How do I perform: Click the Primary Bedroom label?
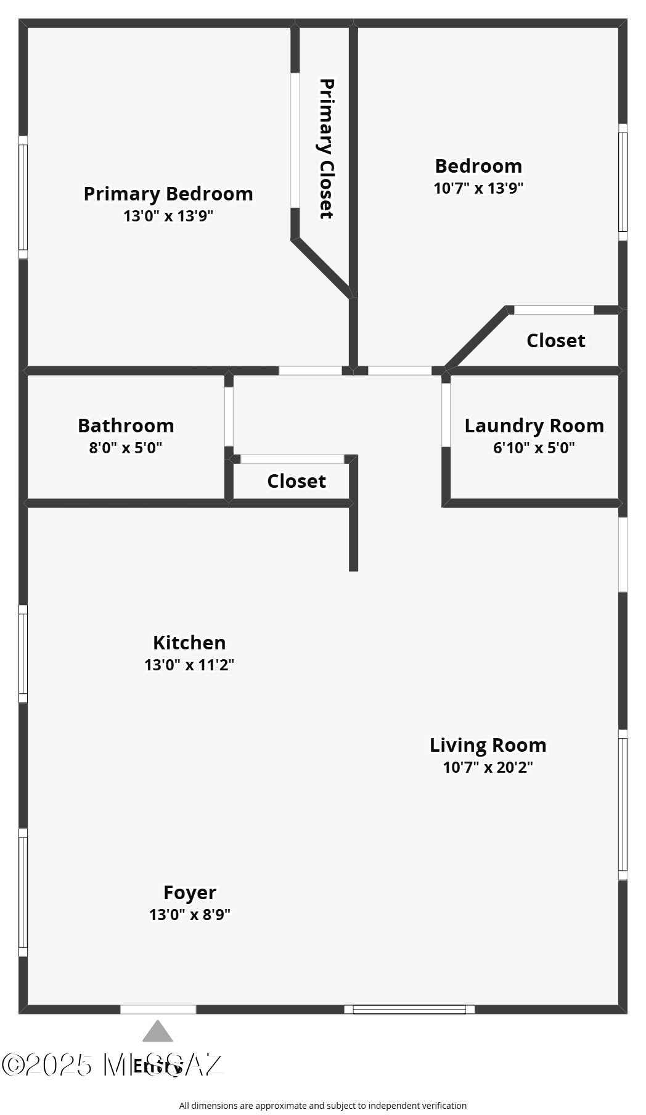coord(168,194)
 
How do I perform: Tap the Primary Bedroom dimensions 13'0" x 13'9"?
coord(168,216)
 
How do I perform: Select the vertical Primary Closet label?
coord(326,149)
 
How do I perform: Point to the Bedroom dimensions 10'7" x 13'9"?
coord(478,188)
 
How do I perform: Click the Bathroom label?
coord(126,426)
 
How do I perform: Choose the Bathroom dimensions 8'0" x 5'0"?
coord(126,448)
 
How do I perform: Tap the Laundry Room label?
coord(534,426)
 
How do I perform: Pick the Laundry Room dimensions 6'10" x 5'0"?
coord(534,448)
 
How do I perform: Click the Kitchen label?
coord(189,643)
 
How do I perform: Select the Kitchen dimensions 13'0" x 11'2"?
coord(189,665)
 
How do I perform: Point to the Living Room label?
coord(488,745)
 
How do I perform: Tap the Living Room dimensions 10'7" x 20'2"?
coord(488,767)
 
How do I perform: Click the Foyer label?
coord(190,892)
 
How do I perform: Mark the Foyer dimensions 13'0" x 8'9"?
coord(190,915)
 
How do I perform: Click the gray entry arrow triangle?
coord(158,1032)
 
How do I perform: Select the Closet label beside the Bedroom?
coord(555,340)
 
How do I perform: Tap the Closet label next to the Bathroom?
coord(296,481)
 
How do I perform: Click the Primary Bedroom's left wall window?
coord(23,197)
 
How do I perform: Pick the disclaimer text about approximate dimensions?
coord(322,1106)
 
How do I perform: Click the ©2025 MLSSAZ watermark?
coord(111,1065)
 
